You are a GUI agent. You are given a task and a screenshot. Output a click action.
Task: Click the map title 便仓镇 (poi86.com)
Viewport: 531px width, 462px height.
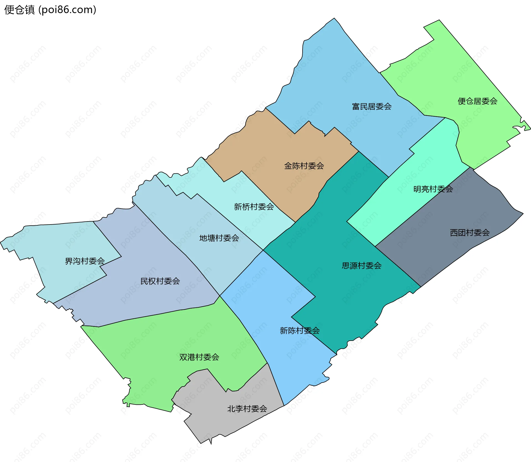(50, 10)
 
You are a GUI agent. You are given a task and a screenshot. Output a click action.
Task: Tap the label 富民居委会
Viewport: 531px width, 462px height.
(371, 106)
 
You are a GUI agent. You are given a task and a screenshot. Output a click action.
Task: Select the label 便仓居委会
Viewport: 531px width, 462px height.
(477, 101)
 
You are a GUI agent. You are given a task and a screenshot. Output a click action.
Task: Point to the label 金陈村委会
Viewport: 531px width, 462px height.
(304, 166)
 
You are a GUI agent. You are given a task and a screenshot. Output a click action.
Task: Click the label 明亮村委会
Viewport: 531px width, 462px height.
(433, 189)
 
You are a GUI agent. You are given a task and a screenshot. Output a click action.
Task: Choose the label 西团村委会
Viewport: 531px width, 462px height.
(470, 233)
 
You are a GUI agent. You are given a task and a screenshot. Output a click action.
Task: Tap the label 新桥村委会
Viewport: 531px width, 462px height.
(254, 207)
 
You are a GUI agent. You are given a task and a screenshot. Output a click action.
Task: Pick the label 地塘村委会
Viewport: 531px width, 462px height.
(219, 238)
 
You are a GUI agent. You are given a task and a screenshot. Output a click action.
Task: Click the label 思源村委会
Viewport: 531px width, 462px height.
(361, 266)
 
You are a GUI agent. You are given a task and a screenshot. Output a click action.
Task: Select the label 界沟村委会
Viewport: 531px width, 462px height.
(85, 261)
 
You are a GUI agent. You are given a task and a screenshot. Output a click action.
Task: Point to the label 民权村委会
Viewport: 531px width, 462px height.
(160, 281)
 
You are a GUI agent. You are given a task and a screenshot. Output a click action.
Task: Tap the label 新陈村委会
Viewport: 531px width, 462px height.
(300, 330)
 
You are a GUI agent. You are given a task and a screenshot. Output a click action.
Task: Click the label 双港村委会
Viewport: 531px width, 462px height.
(199, 357)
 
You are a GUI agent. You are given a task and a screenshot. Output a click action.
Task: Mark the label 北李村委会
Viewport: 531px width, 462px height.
(247, 409)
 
